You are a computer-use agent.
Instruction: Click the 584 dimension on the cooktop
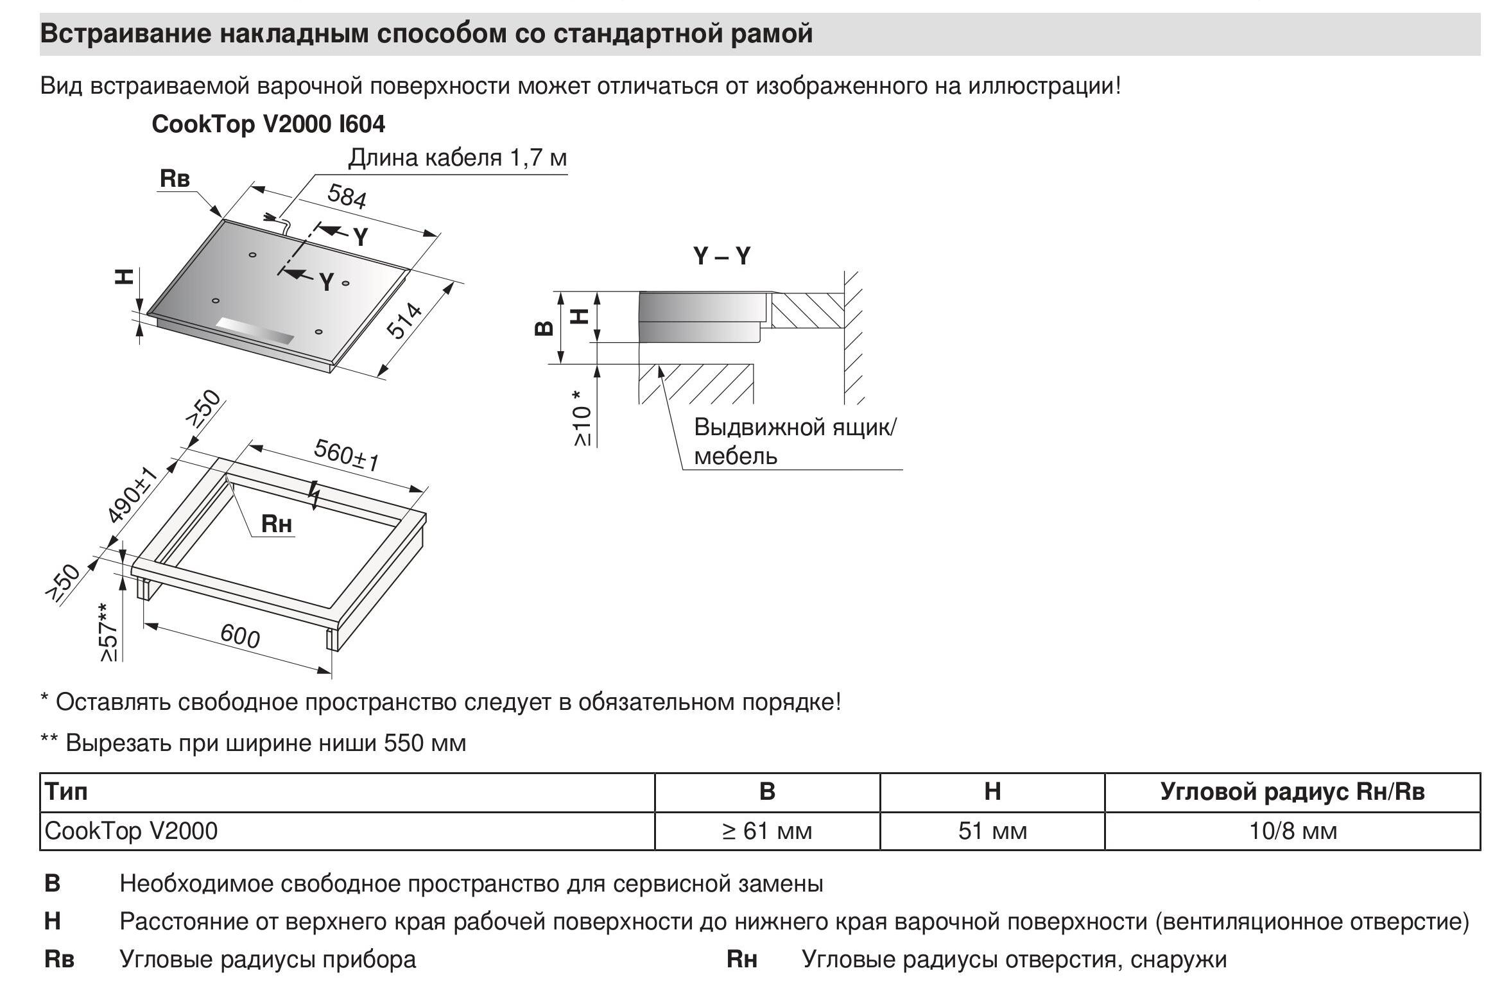[347, 196]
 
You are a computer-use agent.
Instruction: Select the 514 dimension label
[404, 321]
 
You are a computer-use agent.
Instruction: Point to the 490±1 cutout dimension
[132, 495]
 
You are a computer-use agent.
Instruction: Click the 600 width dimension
[240, 636]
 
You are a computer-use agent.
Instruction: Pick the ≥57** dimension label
[109, 632]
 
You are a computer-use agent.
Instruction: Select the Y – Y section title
[721, 257]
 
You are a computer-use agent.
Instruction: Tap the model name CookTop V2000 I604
[268, 124]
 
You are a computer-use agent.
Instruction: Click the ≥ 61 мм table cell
[767, 831]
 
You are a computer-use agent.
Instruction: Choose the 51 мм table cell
[992, 831]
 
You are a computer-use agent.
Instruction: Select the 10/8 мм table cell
[1293, 831]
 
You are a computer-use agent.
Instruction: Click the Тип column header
[67, 791]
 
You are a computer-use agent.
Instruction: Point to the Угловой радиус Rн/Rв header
[1293, 791]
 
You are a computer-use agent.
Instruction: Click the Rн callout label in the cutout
[277, 524]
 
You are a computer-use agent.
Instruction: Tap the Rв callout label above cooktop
[175, 178]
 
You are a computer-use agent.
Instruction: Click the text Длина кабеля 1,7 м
[457, 158]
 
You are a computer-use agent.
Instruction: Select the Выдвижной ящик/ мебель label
[795, 441]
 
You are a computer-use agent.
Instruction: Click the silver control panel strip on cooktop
[255, 331]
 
